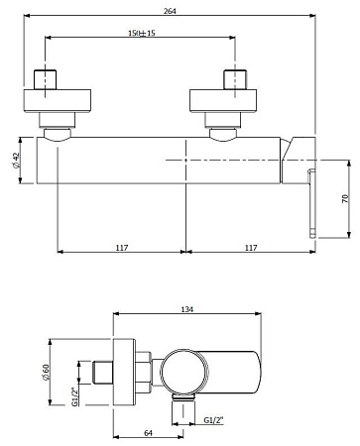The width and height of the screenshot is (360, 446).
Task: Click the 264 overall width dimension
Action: [170, 11]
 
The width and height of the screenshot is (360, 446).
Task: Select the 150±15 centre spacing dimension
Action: [142, 33]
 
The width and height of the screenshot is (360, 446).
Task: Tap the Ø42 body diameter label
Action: [17, 161]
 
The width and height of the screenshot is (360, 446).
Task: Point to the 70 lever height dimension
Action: [345, 199]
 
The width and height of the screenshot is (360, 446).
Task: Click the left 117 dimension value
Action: [122, 248]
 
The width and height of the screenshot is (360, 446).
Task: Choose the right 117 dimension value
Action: [251, 248]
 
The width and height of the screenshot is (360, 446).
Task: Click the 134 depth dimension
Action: [187, 309]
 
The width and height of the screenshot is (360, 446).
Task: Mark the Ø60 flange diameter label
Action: [46, 373]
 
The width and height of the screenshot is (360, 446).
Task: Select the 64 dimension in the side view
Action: [149, 433]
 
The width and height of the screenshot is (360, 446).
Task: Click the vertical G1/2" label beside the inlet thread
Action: [75, 396]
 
